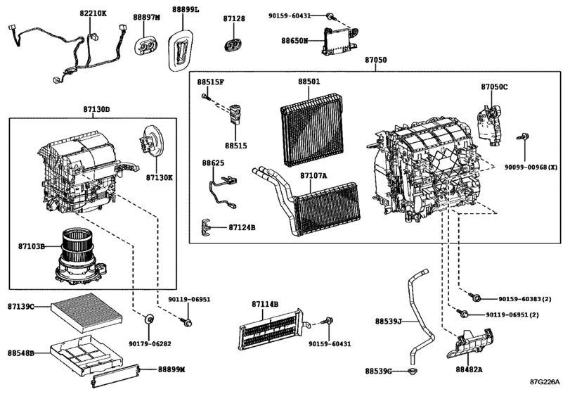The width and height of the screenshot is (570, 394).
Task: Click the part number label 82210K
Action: coord(93,13)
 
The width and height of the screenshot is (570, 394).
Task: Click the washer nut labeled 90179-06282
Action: coord(149,322)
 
